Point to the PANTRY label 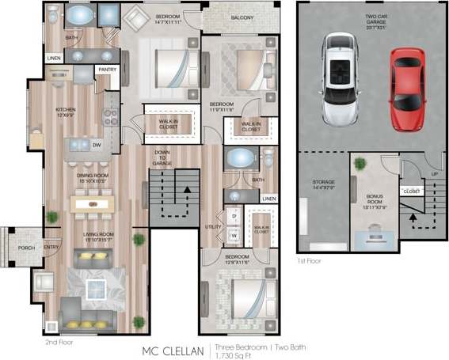(x=107, y=70)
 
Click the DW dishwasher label (x=96, y=145)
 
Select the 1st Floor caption (x=311, y=260)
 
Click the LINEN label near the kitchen (x=54, y=58)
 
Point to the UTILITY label (x=213, y=226)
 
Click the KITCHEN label (x=65, y=112)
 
